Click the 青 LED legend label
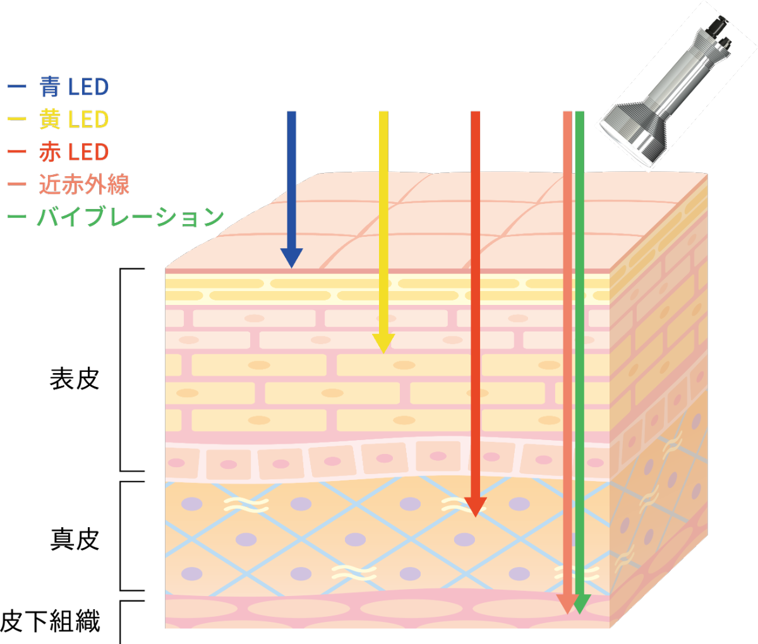click(x=75, y=87)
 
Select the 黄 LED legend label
click(x=75, y=119)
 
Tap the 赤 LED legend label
click(x=75, y=152)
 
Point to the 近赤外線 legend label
click(x=84, y=184)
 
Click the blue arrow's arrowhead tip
click(x=291, y=265)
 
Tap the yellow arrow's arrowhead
click(x=383, y=343)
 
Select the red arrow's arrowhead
click(x=476, y=508)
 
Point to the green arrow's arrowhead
click(x=580, y=606)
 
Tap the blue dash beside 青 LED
click(x=17, y=87)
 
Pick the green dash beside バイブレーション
click(x=17, y=217)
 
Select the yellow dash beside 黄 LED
click(x=17, y=119)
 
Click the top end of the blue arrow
click(x=291, y=113)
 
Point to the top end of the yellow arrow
click(x=383, y=113)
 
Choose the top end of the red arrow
click(x=476, y=113)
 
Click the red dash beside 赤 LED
click(x=17, y=152)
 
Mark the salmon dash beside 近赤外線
click(x=17, y=184)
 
